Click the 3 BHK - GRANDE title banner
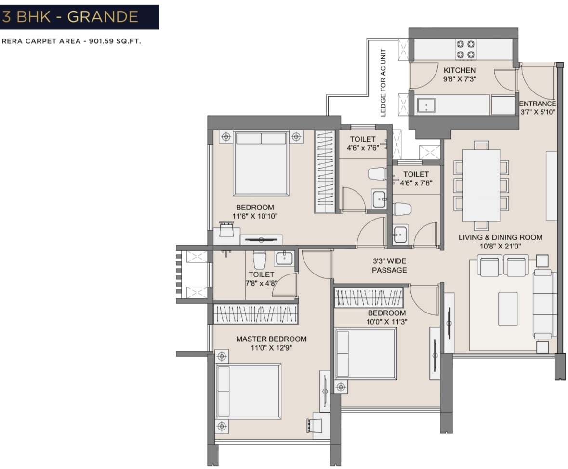pos(79,17)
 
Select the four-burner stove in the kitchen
pos(465,50)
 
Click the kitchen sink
pos(426,105)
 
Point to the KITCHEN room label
pos(459,70)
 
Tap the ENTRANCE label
pos(538,104)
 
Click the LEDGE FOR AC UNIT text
pos(383,82)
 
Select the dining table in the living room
pos(481,185)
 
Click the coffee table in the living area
pos(507,309)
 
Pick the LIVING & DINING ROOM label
pos(500,237)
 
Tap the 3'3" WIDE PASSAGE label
pos(389,265)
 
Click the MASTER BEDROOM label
pos(271,339)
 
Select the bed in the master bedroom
pos(249,391)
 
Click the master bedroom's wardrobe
pos(255,313)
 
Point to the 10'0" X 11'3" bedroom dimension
pos(387,322)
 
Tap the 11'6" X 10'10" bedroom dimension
pos(255,216)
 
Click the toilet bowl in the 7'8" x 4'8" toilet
pos(259,260)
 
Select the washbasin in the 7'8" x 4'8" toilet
pos(284,258)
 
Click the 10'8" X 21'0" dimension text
pos(500,246)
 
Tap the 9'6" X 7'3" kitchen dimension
pos(459,79)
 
